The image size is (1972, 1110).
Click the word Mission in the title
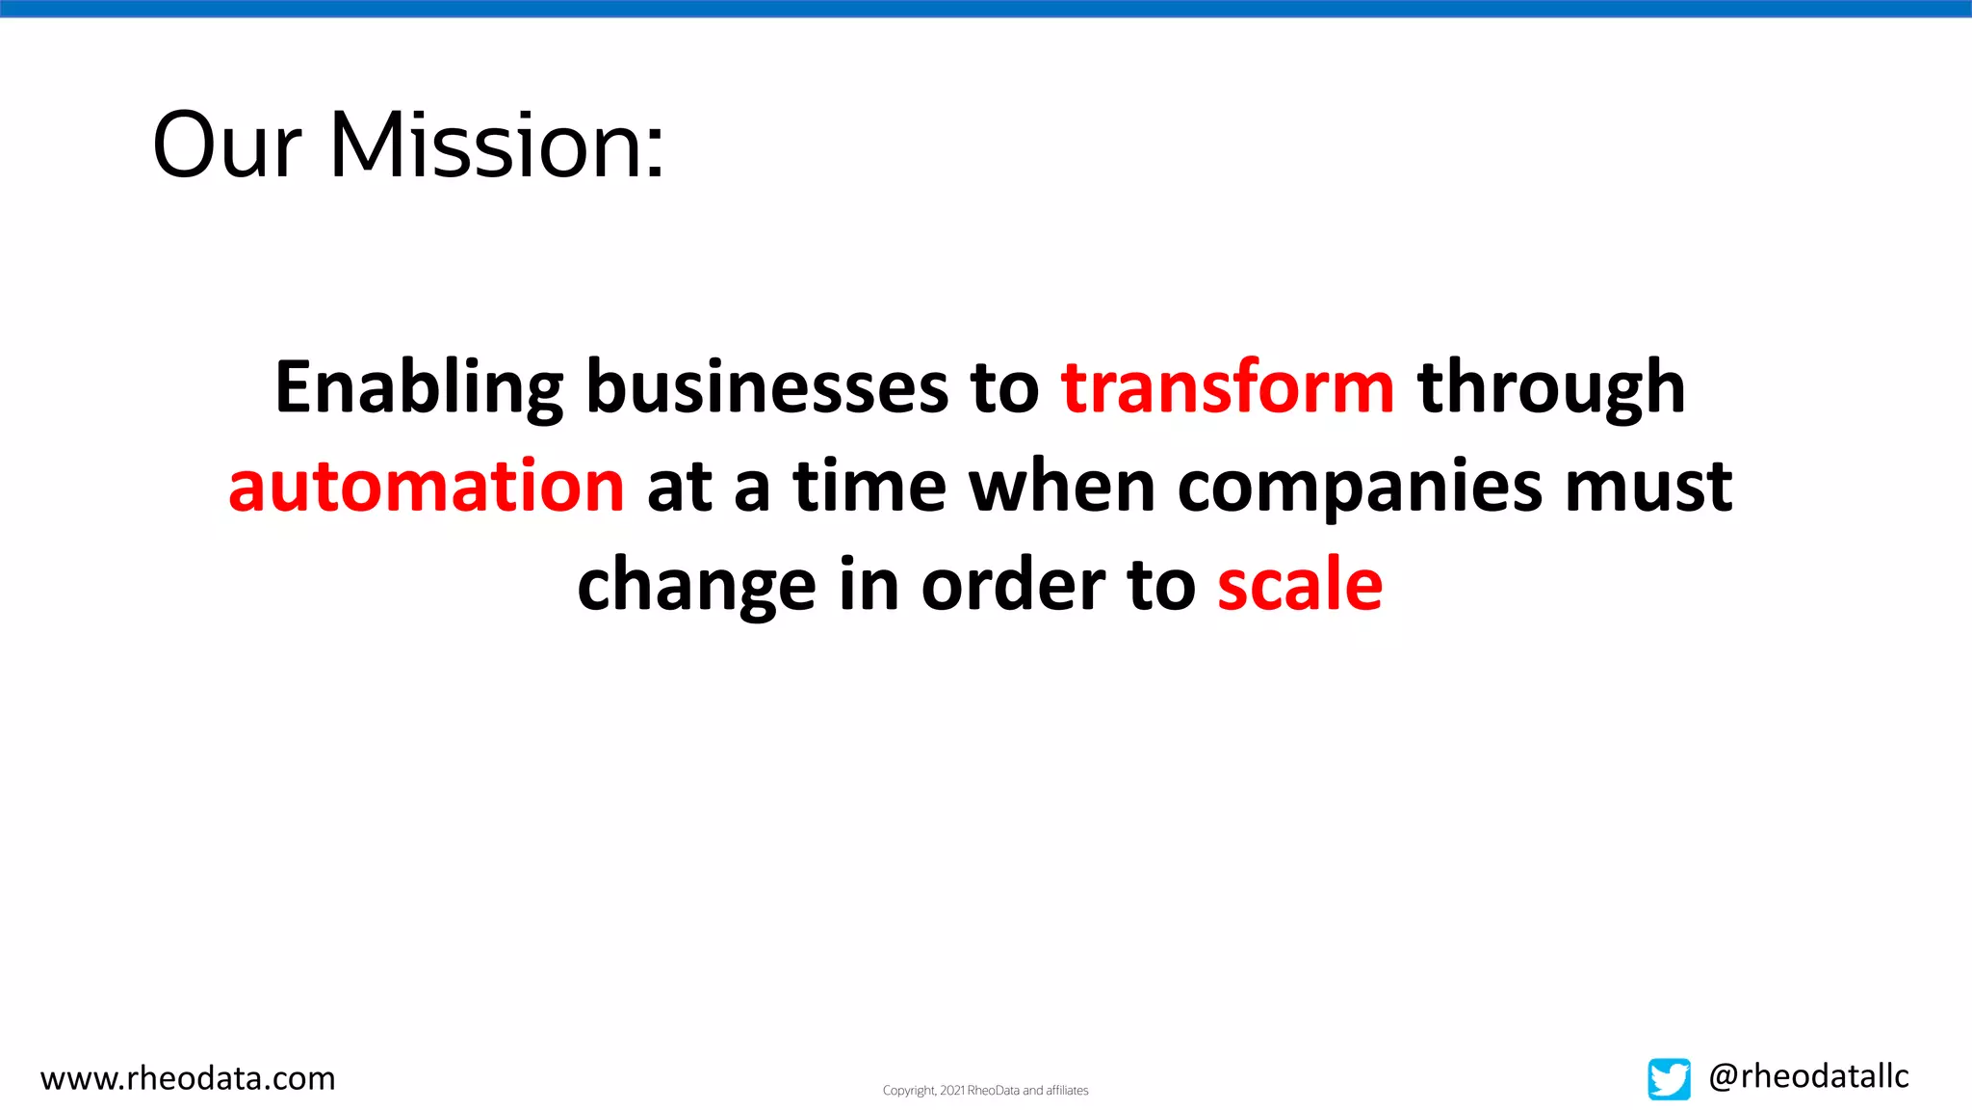pos(486,146)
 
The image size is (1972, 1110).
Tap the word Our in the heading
pos(227,146)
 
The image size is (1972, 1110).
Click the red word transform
pos(1228,387)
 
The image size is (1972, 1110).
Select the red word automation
pos(427,486)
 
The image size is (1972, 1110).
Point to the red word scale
pos(1300,585)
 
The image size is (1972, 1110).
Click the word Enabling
pos(419,387)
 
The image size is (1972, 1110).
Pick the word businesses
pos(767,387)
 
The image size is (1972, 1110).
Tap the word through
pos(1551,387)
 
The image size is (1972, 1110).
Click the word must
pos(1648,486)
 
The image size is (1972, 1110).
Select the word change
pos(696,585)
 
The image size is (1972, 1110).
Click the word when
pos(1061,486)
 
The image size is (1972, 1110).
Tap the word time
pos(869,486)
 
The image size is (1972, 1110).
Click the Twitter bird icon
pos(1669,1079)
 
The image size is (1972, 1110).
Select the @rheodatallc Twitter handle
pos(1808,1076)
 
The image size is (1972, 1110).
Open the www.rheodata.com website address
pos(188,1078)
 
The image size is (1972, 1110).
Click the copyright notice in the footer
pos(985,1091)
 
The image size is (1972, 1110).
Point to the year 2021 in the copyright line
pos(952,1091)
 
